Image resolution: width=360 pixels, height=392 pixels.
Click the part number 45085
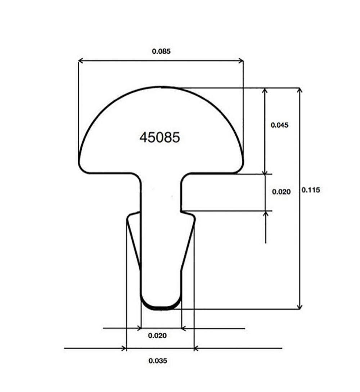159,137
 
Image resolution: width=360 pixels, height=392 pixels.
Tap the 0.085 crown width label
161,51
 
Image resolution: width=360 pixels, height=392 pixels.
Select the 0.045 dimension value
280,125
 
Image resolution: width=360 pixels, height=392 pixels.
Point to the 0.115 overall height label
311,190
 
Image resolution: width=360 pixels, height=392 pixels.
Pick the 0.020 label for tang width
158,336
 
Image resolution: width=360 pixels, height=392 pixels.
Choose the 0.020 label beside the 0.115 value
281,192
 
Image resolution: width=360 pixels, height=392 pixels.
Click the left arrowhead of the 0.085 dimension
81,61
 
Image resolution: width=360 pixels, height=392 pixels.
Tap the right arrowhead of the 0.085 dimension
241,61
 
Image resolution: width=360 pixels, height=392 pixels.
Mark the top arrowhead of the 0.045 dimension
265,90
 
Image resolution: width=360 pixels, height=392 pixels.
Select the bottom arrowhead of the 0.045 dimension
265,172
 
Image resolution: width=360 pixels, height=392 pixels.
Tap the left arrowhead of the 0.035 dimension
124,348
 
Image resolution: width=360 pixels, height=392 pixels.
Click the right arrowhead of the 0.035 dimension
196,348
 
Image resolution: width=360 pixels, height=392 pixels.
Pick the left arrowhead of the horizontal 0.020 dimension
139,328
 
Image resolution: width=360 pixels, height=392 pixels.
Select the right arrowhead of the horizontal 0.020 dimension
183,328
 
